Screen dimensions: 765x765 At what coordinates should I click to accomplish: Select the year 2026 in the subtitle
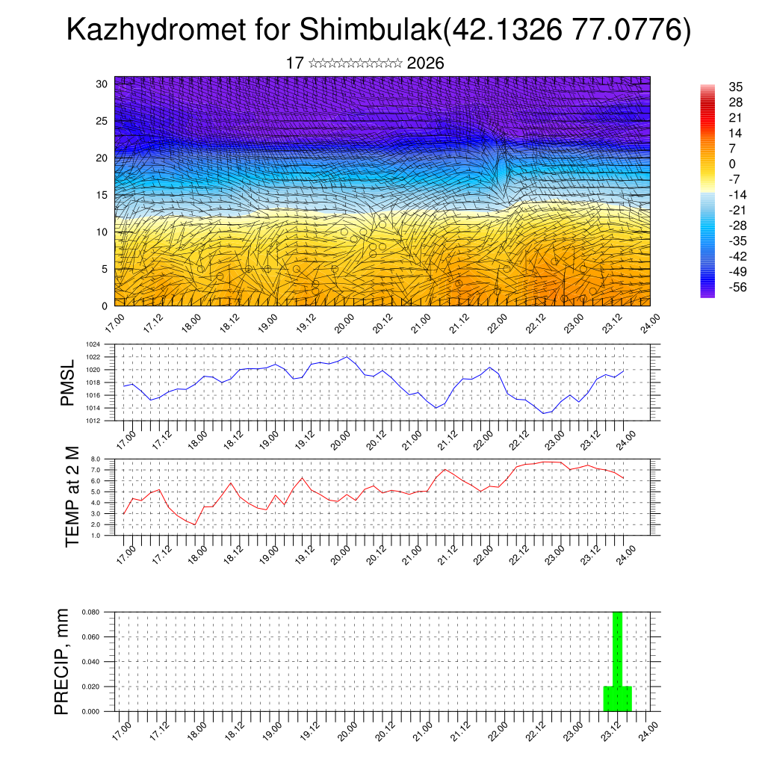click(426, 64)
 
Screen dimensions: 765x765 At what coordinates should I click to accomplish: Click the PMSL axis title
click(68, 383)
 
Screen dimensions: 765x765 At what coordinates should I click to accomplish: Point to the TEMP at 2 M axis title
click(72, 498)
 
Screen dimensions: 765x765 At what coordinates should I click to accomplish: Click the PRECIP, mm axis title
click(63, 661)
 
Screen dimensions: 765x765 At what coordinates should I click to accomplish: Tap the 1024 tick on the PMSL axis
click(93, 345)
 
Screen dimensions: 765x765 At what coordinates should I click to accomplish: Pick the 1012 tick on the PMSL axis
click(93, 421)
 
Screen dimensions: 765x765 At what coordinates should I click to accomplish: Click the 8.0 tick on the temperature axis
click(96, 459)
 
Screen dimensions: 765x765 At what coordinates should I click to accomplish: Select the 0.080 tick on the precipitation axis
click(90, 613)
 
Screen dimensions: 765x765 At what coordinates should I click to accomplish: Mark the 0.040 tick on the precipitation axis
click(90, 662)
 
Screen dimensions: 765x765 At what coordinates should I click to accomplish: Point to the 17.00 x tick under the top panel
click(115, 324)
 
